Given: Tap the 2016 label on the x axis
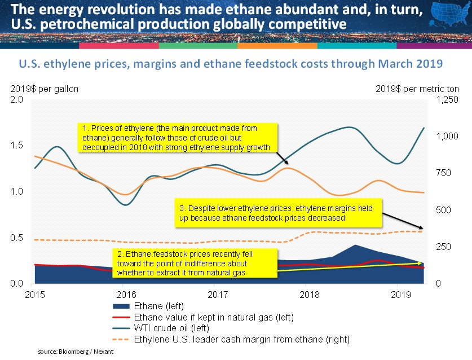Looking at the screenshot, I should click(x=126, y=295).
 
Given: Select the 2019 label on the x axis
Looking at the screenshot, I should click(x=401, y=295).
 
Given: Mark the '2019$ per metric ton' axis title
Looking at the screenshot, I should click(x=417, y=89).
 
